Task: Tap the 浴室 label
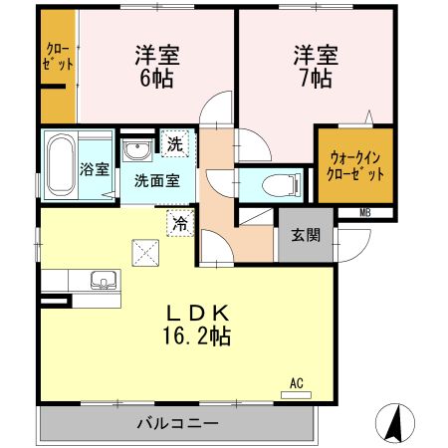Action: point(94,168)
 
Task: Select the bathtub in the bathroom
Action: point(59,164)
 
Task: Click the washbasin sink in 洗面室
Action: point(135,150)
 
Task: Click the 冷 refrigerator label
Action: point(179,224)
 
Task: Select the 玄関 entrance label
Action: point(305,236)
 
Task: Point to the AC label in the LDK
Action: point(296,382)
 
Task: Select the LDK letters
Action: point(197,311)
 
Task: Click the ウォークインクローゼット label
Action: point(354,164)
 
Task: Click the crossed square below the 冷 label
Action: point(149,254)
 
